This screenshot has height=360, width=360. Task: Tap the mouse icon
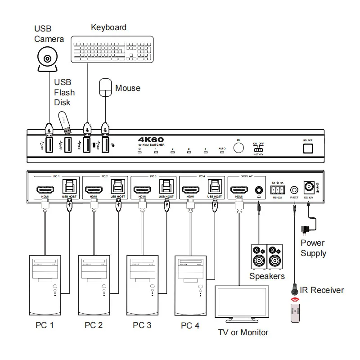[105, 87]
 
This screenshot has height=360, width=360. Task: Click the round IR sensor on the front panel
[238, 147]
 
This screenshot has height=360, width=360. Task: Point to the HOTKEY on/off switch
[258, 149]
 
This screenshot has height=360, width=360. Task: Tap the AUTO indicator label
[221, 148]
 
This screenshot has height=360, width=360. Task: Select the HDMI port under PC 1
[45, 189]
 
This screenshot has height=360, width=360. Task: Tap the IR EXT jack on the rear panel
[294, 190]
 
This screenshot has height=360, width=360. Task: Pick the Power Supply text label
[313, 248]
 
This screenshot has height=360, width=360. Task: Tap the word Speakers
[267, 276]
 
